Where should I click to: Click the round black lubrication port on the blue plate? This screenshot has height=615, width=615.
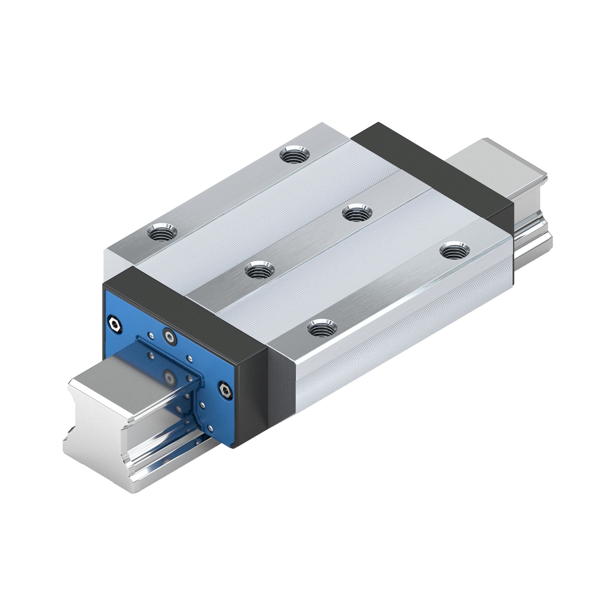click(x=170, y=337)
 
